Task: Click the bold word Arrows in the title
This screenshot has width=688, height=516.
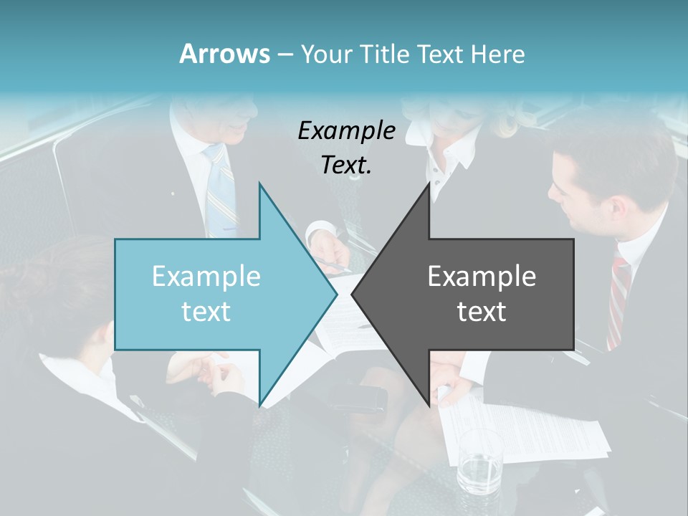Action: [x=224, y=54]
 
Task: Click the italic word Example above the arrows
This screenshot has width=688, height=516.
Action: [x=346, y=131]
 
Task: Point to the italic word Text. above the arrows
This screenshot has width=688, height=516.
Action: [x=346, y=166]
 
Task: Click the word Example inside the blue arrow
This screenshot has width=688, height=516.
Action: [x=206, y=277]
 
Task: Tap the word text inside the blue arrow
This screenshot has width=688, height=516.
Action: [x=206, y=312]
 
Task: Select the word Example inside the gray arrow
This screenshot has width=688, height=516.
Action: [x=482, y=277]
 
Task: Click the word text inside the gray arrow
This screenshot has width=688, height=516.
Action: [x=482, y=312]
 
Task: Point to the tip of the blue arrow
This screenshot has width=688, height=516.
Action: [x=335, y=294]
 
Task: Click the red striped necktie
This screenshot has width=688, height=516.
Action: [x=618, y=301]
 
